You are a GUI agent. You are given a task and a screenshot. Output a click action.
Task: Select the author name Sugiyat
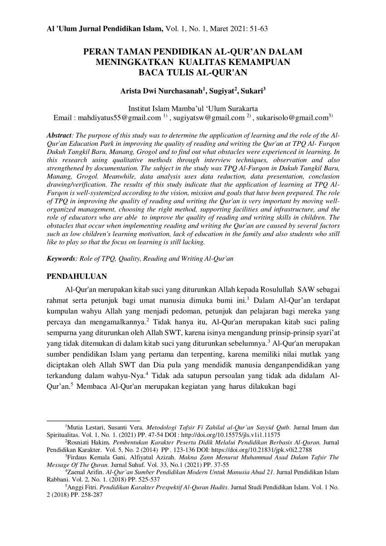coord(223,90)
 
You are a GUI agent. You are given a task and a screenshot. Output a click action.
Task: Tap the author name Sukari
coord(252,90)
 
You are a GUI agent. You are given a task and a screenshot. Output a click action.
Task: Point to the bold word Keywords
coord(62,258)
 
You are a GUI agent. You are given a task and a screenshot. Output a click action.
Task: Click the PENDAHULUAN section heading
coord(77,277)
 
